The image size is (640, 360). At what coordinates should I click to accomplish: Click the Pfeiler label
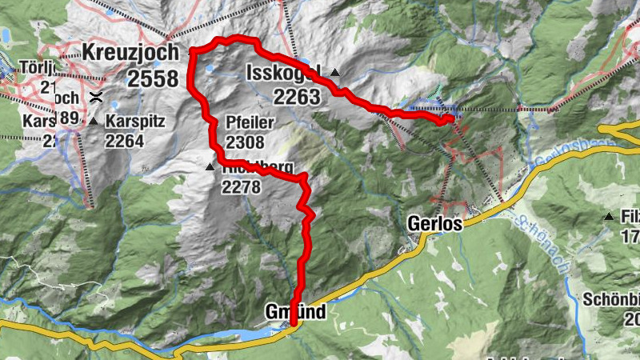pyautogui.click(x=250, y=124)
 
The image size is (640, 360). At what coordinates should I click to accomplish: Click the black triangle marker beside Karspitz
pyautogui.click(x=94, y=122)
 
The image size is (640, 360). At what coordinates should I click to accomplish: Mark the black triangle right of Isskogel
pyautogui.click(x=335, y=73)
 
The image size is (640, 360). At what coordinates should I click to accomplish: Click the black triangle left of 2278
pyautogui.click(x=210, y=166)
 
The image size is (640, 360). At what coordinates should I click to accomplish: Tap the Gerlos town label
pyautogui.click(x=434, y=224)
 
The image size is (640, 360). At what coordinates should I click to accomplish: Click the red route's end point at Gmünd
pyautogui.click(x=294, y=323)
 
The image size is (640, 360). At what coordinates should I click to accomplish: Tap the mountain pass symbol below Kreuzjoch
pyautogui.click(x=95, y=98)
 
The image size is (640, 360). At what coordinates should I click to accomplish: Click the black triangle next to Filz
pyautogui.click(x=610, y=217)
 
